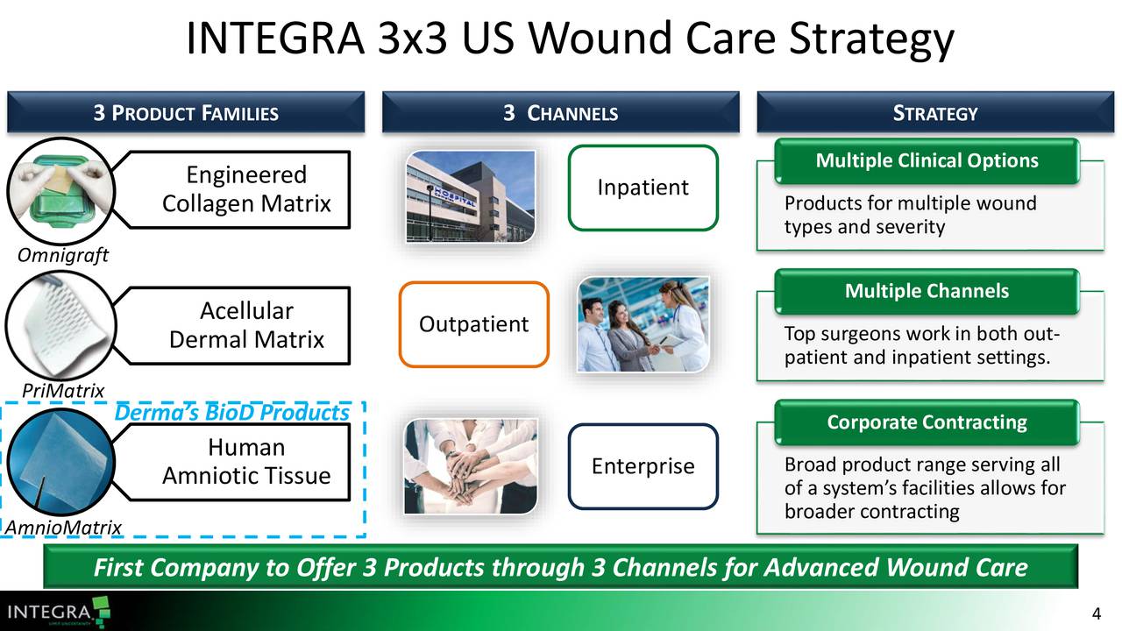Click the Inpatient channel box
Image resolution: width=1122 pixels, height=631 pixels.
tap(643, 188)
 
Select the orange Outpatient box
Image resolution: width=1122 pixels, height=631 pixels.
tap(473, 324)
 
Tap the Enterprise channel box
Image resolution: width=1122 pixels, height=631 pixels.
tap(643, 466)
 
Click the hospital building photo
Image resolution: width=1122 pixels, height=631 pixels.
tap(470, 196)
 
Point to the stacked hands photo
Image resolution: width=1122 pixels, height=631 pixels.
tap(470, 465)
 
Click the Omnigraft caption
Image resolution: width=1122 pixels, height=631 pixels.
tap(62, 255)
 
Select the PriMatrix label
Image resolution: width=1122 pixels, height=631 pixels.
tap(63, 390)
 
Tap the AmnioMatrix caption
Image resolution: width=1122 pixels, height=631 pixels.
tap(63, 527)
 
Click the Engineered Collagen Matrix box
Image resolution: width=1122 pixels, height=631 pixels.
tap(246, 189)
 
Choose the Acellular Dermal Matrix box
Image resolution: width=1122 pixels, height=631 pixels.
tap(246, 325)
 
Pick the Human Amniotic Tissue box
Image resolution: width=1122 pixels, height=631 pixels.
tap(246, 462)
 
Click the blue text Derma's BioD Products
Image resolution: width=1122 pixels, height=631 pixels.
tap(232, 413)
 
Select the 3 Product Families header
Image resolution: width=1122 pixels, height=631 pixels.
tap(185, 113)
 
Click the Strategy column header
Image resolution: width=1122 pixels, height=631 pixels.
tap(934, 113)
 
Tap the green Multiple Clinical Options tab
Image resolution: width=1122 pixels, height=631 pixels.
tap(927, 161)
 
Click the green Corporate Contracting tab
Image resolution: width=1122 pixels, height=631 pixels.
tap(927, 422)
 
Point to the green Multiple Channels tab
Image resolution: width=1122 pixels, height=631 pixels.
tap(927, 292)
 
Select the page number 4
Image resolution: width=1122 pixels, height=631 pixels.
tap(1097, 613)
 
